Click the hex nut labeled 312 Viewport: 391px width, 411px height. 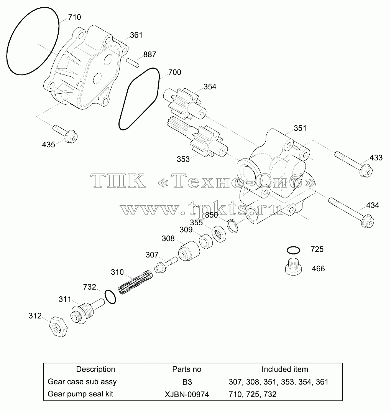tap(58, 327)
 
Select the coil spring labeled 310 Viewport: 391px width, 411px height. tap(135, 282)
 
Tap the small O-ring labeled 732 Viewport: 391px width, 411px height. tap(110, 297)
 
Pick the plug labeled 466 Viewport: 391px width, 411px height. tap(293, 267)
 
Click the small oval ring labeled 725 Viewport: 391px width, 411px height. tap(293, 250)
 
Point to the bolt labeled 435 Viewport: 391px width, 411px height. tap(65, 134)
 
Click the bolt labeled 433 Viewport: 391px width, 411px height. tap(353, 164)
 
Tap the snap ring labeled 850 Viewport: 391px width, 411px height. tap(232, 225)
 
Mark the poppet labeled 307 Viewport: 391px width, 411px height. tap(166, 265)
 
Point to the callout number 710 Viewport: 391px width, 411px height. tap(74, 17)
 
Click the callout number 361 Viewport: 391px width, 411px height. tap(136, 35)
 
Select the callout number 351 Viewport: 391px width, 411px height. tap(300, 128)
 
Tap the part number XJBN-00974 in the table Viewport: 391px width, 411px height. tap(187, 394)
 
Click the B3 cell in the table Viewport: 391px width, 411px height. tap(187, 382)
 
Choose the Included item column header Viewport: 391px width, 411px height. tap(285, 369)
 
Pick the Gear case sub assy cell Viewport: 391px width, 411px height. tap(82, 382)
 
